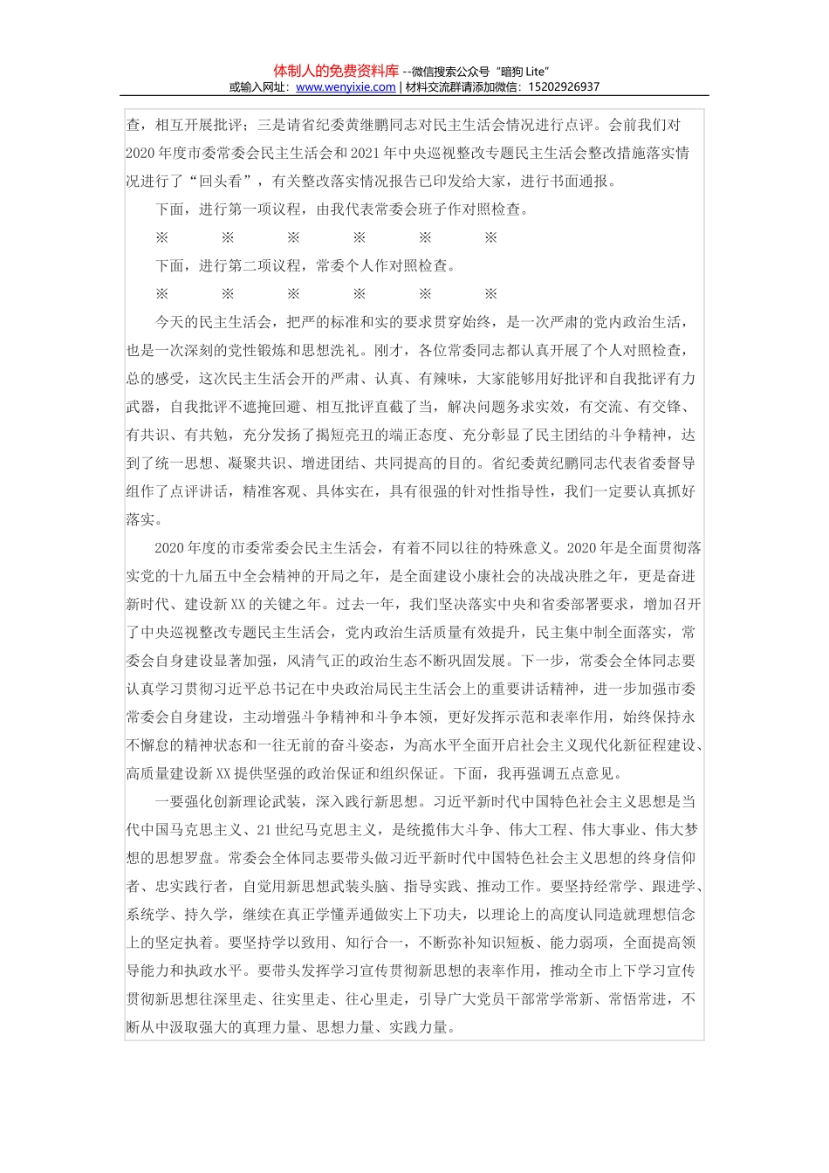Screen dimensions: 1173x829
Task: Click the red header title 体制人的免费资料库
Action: (336, 71)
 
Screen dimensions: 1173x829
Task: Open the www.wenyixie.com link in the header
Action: (346, 87)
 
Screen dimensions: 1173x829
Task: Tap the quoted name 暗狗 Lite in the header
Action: (522, 72)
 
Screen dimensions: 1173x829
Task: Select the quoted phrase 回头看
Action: (220, 182)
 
